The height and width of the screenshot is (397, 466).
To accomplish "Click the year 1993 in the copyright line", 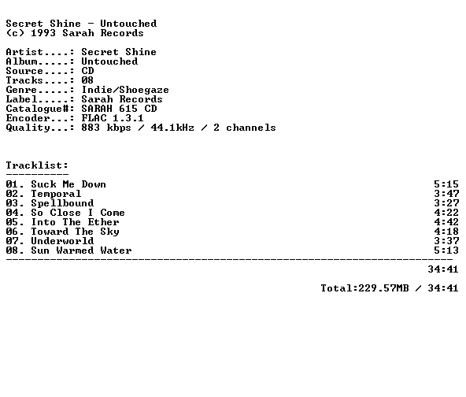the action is (x=43, y=33).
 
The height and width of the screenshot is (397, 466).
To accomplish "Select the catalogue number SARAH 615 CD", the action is (x=119, y=109).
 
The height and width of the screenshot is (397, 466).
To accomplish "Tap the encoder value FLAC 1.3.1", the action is (x=113, y=118).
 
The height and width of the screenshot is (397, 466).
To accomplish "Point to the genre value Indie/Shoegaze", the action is (x=125, y=90).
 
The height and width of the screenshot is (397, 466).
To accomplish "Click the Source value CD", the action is (x=87, y=71).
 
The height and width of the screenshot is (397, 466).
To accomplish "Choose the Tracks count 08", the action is (x=87, y=80).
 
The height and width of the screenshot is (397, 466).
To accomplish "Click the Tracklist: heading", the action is (x=37, y=165).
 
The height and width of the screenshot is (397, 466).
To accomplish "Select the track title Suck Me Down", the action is (x=68, y=184).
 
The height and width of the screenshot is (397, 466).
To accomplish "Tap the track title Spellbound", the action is (x=62, y=203).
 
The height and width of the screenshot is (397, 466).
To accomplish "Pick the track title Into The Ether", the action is (x=76, y=222).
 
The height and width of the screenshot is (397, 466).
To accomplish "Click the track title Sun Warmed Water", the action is (x=81, y=250).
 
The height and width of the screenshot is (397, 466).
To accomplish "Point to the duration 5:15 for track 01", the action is (x=446, y=184).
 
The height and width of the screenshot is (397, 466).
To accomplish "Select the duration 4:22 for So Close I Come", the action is (x=446, y=213).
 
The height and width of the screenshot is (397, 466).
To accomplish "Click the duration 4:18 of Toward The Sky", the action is (x=446, y=232).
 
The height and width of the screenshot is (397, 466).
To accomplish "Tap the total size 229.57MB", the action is (x=383, y=288).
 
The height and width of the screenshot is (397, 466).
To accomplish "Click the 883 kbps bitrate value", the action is (x=106, y=128).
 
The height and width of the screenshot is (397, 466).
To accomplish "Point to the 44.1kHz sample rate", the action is (x=172, y=128).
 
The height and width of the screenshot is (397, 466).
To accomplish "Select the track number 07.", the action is (x=12, y=241).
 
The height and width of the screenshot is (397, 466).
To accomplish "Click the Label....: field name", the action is (x=40, y=99).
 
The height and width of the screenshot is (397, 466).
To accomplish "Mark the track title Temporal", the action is (x=56, y=194).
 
